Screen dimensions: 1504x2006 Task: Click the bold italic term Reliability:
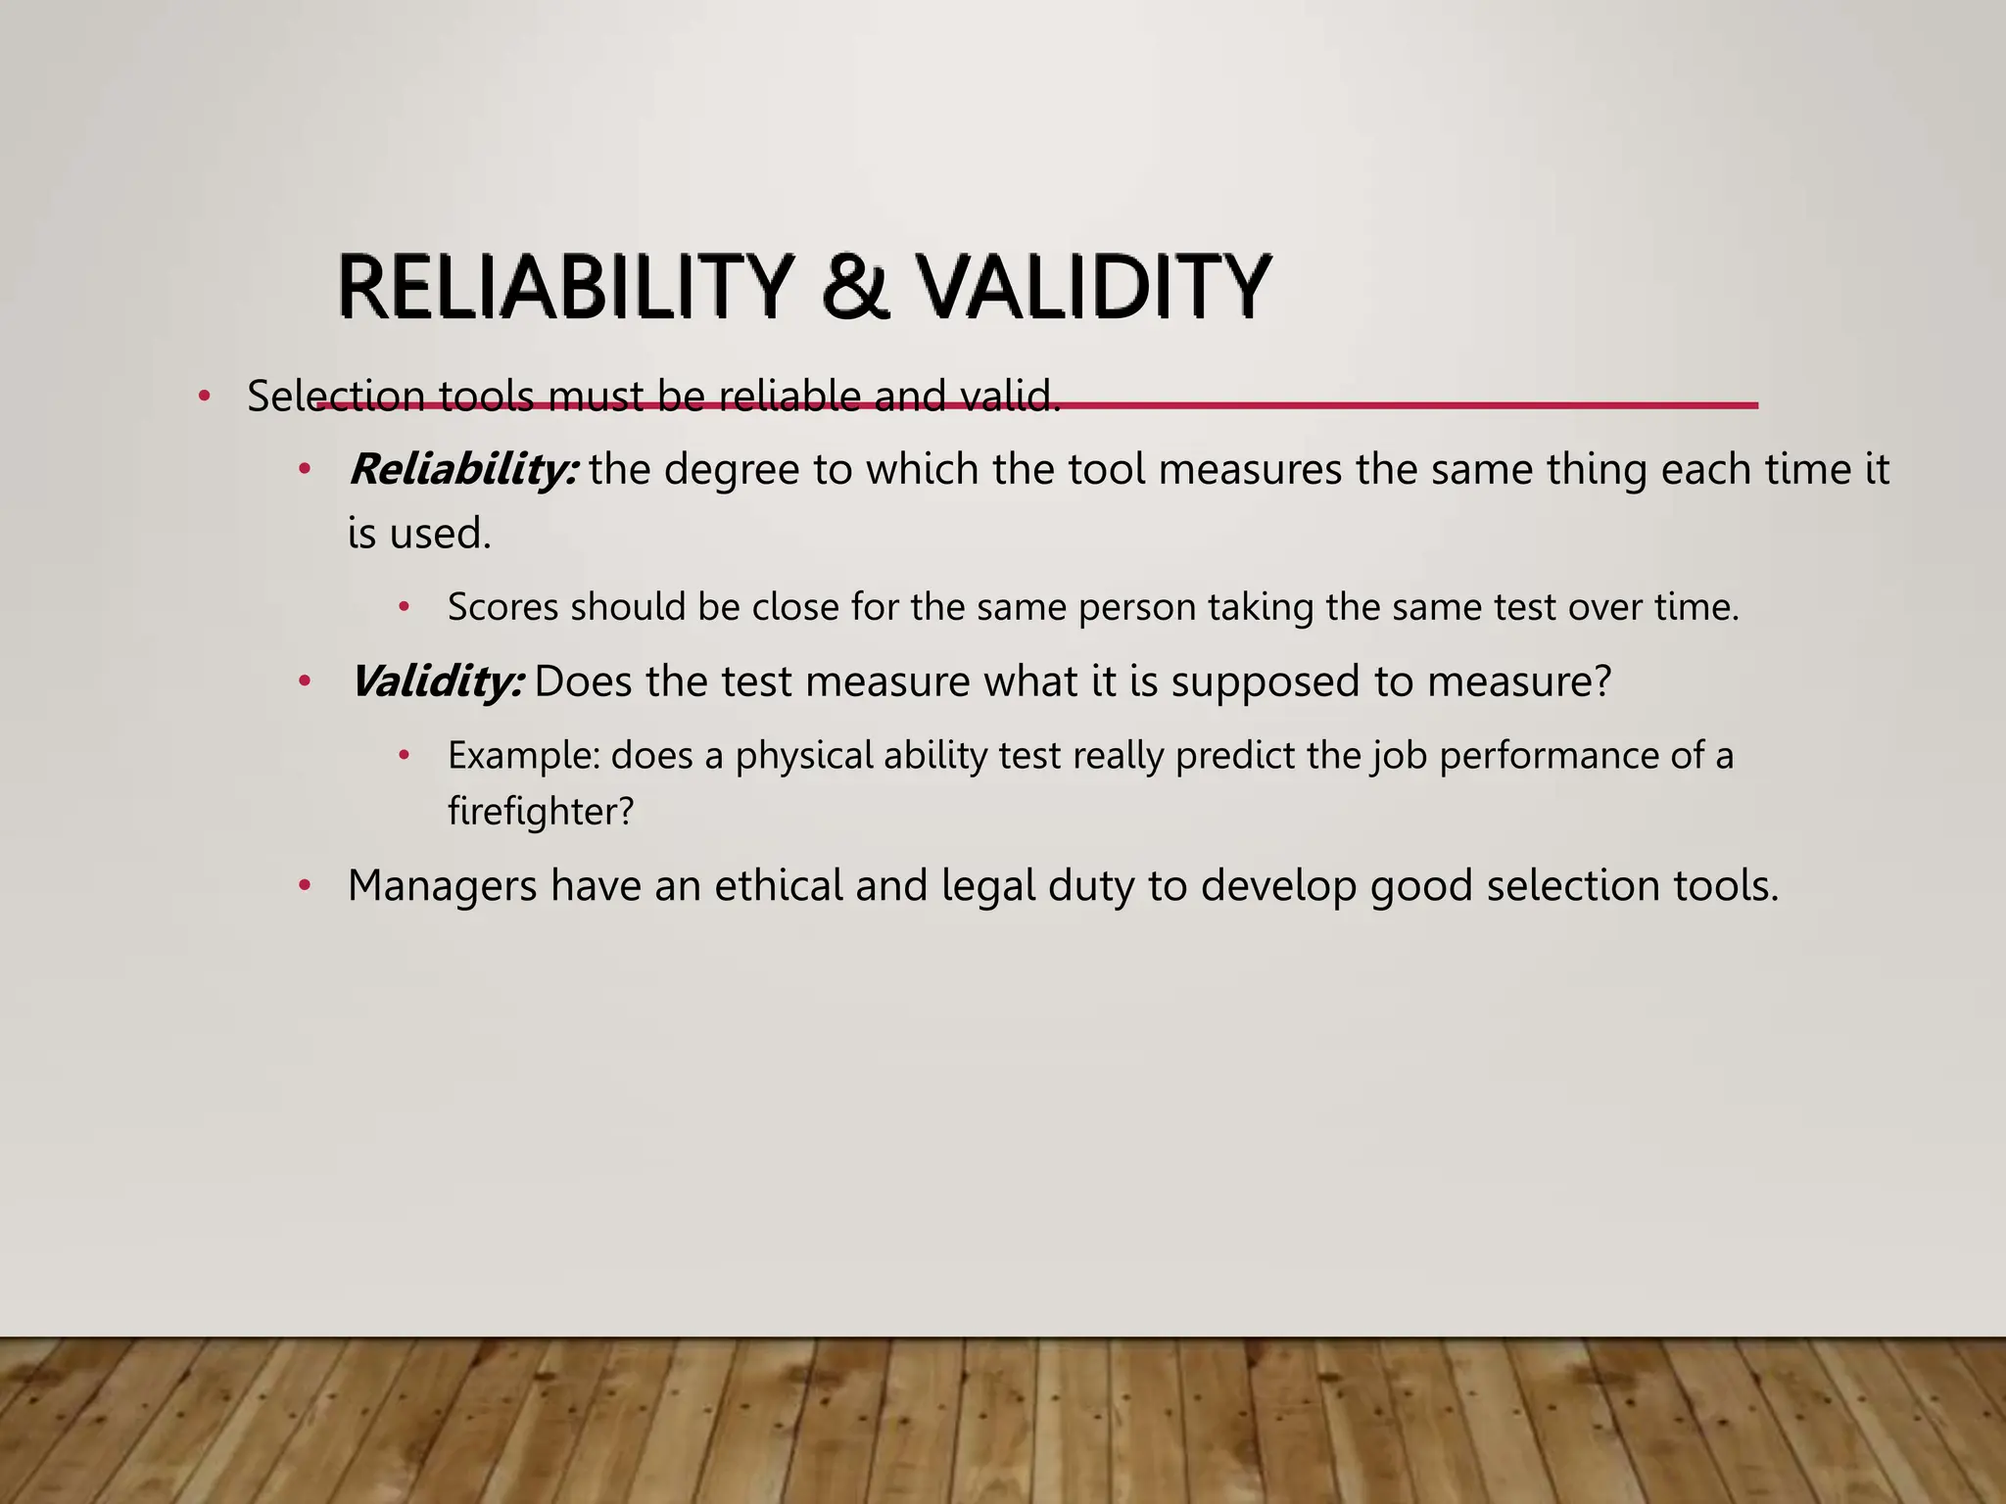(463, 470)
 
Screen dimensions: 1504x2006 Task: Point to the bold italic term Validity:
(437, 681)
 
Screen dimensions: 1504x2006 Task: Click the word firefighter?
(541, 812)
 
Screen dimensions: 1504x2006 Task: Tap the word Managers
(442, 886)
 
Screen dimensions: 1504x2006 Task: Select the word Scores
(502, 608)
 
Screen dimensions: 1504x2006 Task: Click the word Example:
(523, 756)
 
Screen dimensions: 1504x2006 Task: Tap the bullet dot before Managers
(306, 887)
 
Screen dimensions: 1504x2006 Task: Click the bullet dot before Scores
(404, 608)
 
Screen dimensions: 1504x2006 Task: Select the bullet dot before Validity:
(306, 681)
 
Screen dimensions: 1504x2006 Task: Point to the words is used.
(419, 535)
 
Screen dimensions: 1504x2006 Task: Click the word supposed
(1266, 681)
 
